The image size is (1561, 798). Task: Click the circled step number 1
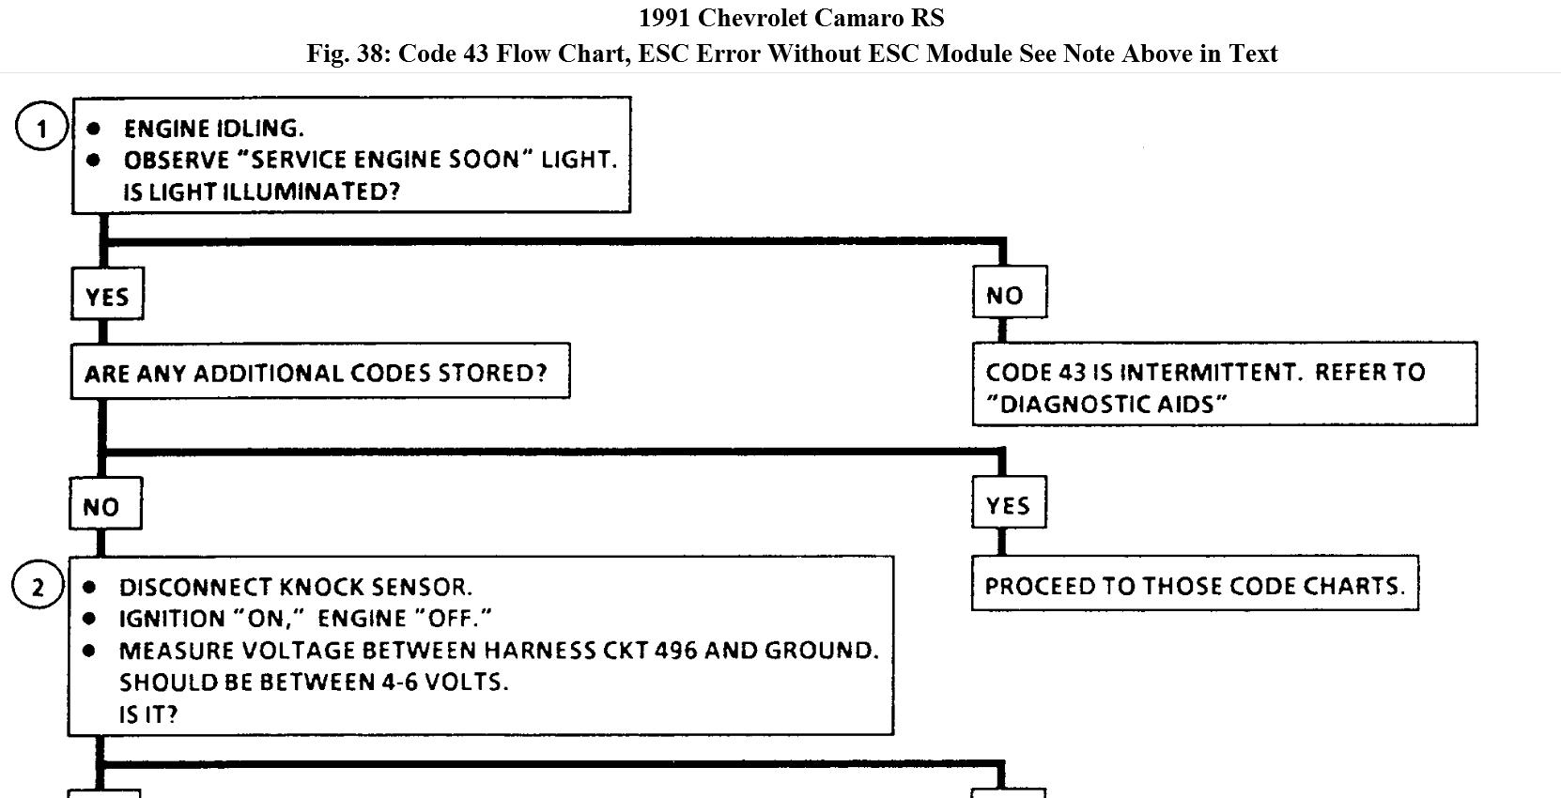pyautogui.click(x=41, y=128)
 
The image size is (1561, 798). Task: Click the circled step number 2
pyautogui.click(x=38, y=587)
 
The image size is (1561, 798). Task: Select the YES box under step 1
pyautogui.click(x=107, y=297)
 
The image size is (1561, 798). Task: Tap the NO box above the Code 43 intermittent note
pyautogui.click(x=1009, y=295)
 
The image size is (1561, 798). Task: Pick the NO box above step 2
pyautogui.click(x=104, y=506)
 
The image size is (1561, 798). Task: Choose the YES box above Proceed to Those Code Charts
pyautogui.click(x=1008, y=505)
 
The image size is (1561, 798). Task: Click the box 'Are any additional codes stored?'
pyautogui.click(x=319, y=373)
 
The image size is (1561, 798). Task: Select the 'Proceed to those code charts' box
pyautogui.click(x=1194, y=586)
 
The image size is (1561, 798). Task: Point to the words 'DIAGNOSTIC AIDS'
pyautogui.click(x=1107, y=405)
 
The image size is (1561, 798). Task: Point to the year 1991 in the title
pyautogui.click(x=664, y=18)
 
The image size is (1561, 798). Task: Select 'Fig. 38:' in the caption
pyautogui.click(x=348, y=54)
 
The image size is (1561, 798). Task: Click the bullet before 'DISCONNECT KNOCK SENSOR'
pyautogui.click(x=89, y=588)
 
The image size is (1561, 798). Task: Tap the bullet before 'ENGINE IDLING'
pyautogui.click(x=94, y=129)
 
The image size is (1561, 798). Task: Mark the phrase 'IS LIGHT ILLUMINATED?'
pyautogui.click(x=261, y=192)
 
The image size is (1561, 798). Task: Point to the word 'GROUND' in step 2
pyautogui.click(x=822, y=650)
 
